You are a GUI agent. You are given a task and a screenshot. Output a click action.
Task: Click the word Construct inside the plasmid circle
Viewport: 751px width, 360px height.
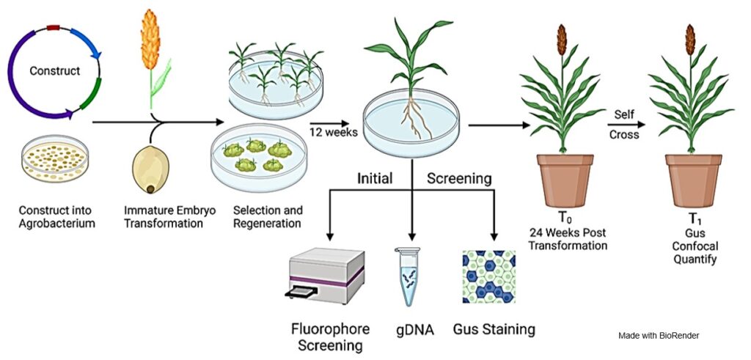point(54,71)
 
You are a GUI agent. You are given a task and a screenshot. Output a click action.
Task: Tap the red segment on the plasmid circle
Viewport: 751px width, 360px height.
point(53,28)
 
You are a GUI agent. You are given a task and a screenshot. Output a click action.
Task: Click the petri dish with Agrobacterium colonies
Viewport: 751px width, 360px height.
point(55,158)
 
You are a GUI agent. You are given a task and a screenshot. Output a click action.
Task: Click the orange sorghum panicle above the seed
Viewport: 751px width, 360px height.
point(150,40)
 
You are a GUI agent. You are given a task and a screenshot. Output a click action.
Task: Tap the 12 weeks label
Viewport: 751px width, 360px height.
point(334,132)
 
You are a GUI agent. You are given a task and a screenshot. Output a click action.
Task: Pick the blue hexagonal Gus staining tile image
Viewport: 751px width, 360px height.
point(489,276)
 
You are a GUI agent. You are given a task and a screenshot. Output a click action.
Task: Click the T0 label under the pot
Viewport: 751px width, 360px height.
point(565,218)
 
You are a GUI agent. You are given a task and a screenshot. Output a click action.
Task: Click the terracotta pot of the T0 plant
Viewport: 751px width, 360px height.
point(565,180)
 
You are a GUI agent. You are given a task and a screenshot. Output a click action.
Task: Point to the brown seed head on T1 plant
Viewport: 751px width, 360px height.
point(689,40)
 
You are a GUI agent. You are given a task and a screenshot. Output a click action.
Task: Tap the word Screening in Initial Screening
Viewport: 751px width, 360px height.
point(459,179)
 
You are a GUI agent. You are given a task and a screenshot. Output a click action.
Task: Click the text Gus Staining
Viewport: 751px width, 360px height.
point(494,329)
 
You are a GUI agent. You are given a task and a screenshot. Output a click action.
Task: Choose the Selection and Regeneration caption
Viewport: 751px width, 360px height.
point(268,217)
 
